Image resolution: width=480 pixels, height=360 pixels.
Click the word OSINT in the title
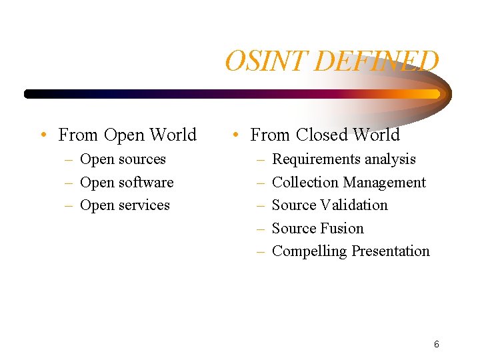point(266,61)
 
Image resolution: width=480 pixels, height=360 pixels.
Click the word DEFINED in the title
point(375,61)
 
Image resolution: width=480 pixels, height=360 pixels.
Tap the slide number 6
point(436,344)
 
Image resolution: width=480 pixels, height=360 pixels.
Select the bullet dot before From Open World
point(42,135)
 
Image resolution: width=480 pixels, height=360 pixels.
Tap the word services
point(145,205)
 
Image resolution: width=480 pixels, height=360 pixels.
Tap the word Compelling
point(309,251)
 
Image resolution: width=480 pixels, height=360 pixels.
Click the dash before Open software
point(69,183)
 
